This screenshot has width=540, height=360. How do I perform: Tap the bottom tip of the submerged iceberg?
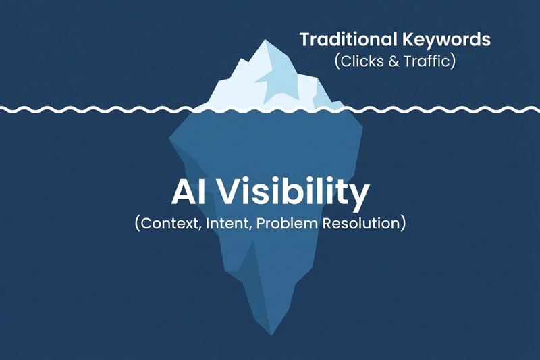[x=271, y=334]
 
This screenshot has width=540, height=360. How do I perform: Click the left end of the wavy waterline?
[x=2, y=108]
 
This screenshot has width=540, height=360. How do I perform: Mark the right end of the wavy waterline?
[x=538, y=108]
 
